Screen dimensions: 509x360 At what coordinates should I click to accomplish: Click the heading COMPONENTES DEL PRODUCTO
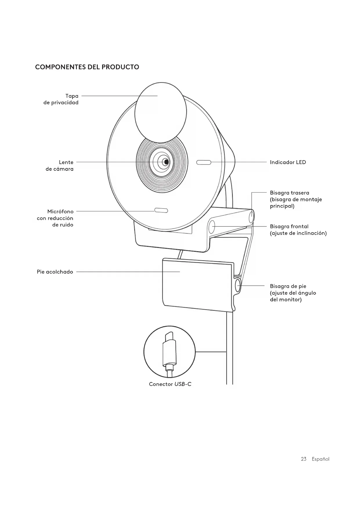[87, 67]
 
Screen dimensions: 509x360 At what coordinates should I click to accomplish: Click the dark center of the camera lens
[166, 162]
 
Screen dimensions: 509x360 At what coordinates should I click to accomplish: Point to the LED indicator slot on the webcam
[204, 162]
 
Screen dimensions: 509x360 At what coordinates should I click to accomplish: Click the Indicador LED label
[288, 162]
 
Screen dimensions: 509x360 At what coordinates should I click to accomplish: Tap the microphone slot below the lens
[161, 210]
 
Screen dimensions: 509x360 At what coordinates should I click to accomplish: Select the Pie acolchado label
[55, 272]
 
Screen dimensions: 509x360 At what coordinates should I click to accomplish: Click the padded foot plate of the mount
[197, 284]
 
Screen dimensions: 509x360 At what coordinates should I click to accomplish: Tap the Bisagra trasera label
[295, 199]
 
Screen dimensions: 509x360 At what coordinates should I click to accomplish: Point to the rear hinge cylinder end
[251, 217]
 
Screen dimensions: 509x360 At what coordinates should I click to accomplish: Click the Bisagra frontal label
[298, 230]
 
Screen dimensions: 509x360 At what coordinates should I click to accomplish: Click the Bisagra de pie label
[293, 293]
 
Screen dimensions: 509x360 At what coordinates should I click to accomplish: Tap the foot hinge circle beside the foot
[238, 285]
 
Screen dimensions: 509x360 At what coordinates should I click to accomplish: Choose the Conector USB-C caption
[170, 384]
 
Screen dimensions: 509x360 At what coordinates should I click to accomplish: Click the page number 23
[303, 459]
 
